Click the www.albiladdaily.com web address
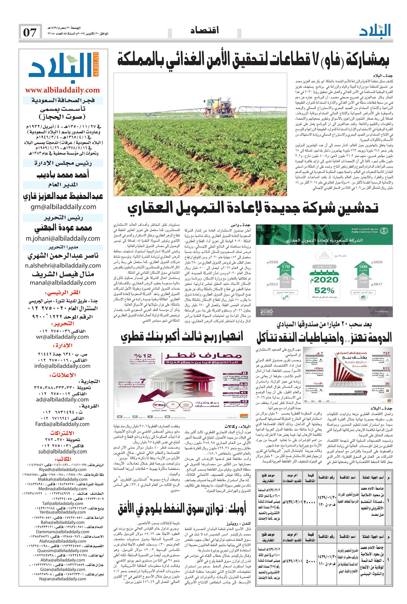(x=63, y=90)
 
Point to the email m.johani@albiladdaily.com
(x=63, y=238)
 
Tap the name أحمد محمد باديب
(x=63, y=175)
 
